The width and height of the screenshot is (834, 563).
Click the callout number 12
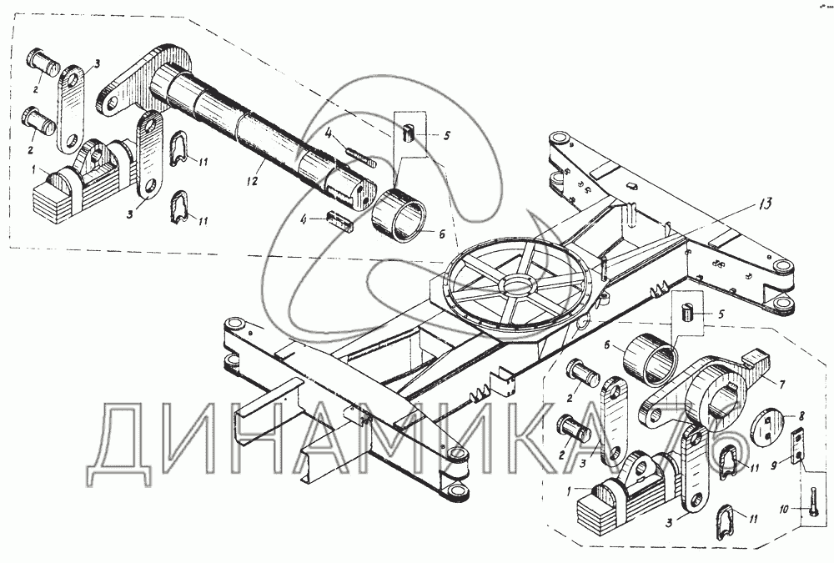coord(252,181)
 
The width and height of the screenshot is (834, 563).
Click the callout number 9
coord(775,466)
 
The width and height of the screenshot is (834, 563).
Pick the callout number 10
coord(785,510)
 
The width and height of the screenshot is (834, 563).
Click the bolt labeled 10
coord(812,501)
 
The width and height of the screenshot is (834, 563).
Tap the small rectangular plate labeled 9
coord(797,446)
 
